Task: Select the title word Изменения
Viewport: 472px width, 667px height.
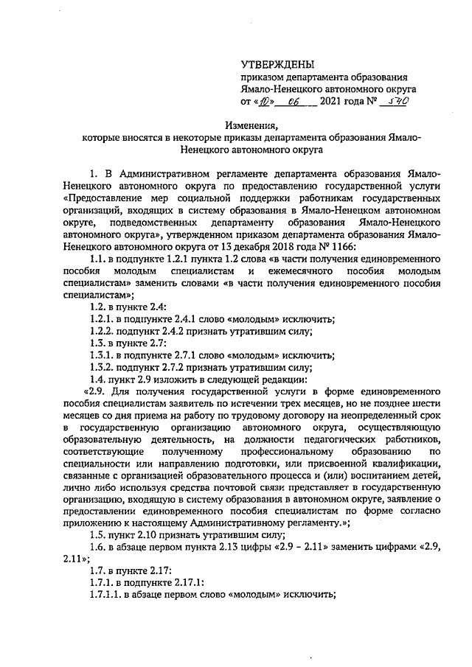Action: [255, 125]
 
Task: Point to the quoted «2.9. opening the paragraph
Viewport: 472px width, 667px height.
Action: [98, 391]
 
